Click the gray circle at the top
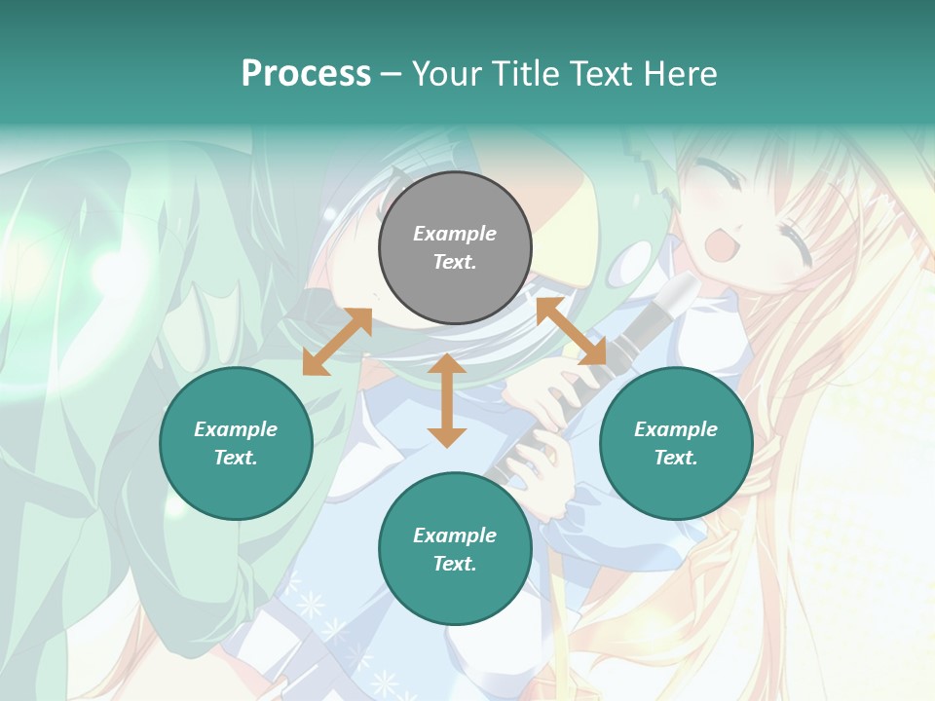455,248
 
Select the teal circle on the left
236,443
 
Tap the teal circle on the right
676,443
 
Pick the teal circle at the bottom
455,549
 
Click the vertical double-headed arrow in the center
446,400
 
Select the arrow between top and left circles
337,342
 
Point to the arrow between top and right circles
572,332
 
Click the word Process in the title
306,73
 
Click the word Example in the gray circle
455,234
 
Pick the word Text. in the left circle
236,458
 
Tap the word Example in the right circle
676,429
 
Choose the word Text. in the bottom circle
455,564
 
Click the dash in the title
391,74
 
